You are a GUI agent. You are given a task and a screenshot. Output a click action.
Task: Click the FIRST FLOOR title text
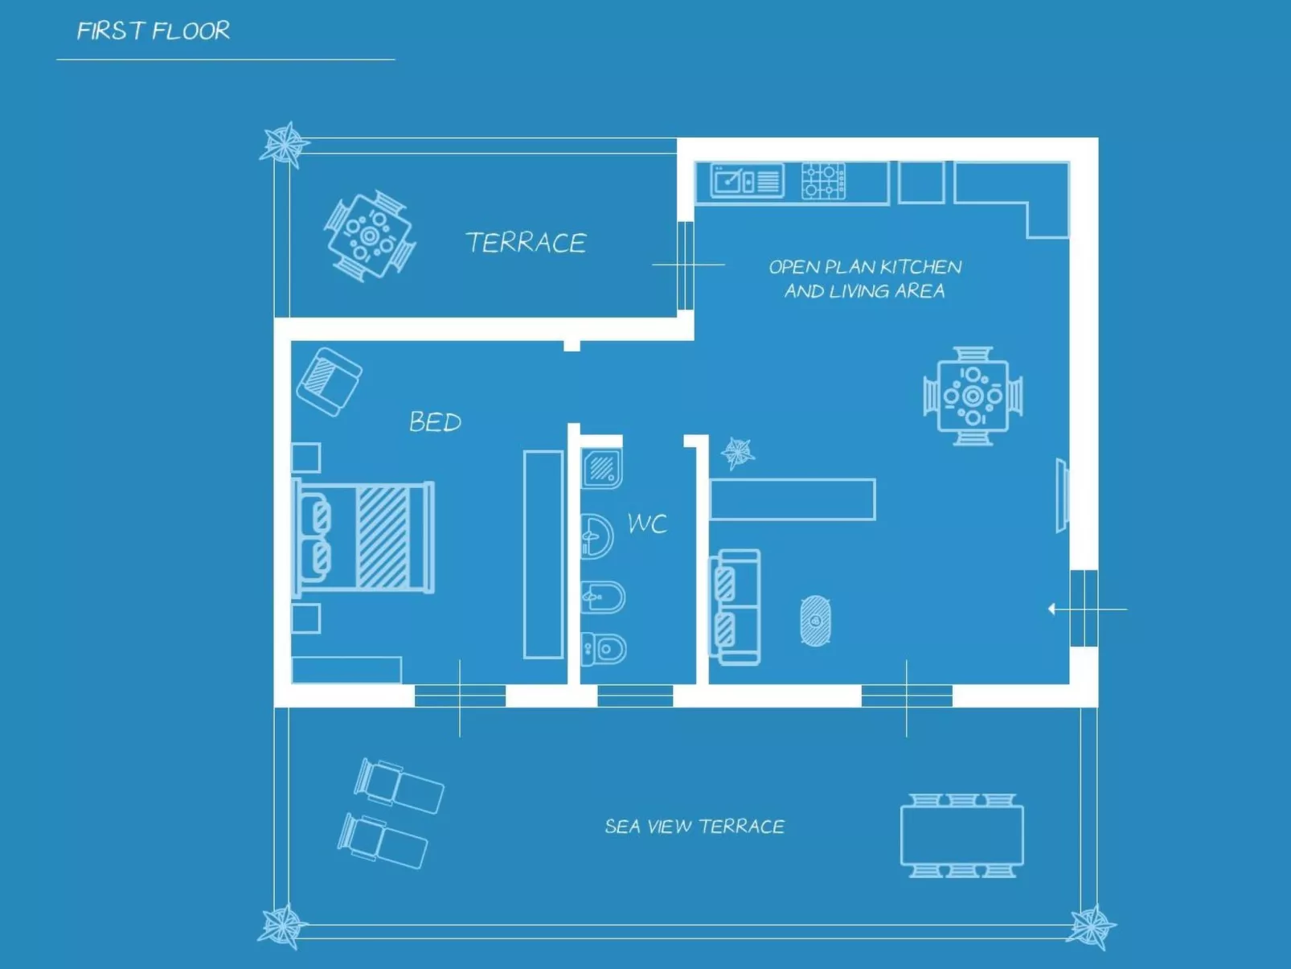click(x=153, y=31)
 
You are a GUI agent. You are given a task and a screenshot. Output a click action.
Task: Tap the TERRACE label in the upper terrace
click(x=526, y=243)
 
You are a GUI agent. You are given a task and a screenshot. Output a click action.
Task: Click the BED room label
click(x=435, y=422)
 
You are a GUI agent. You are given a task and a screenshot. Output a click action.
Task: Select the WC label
click(x=647, y=524)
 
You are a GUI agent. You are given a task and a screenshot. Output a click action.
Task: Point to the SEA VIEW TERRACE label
click(x=695, y=827)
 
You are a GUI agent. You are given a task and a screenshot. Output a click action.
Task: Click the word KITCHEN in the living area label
click(x=920, y=267)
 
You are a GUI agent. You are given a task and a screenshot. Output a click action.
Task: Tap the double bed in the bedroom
click(x=366, y=537)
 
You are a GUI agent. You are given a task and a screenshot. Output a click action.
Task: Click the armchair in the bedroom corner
click(x=329, y=381)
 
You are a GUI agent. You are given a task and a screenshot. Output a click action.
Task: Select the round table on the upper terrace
click(x=369, y=236)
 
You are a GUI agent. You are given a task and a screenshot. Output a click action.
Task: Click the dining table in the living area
click(x=973, y=396)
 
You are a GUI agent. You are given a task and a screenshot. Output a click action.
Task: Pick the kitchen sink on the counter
click(x=747, y=181)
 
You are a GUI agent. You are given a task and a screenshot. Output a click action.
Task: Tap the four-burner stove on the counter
click(x=823, y=181)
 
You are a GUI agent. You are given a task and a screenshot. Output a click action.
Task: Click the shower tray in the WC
click(x=602, y=468)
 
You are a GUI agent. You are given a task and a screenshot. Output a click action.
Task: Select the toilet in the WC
click(x=604, y=649)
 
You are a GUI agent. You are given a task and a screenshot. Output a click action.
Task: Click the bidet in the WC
click(x=603, y=597)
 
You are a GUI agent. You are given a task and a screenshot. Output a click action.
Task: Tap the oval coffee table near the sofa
click(x=815, y=621)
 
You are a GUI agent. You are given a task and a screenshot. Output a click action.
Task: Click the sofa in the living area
click(x=736, y=607)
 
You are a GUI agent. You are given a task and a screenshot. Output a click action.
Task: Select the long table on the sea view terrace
click(x=962, y=836)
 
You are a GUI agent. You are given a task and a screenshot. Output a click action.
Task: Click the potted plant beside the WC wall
click(x=737, y=453)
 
